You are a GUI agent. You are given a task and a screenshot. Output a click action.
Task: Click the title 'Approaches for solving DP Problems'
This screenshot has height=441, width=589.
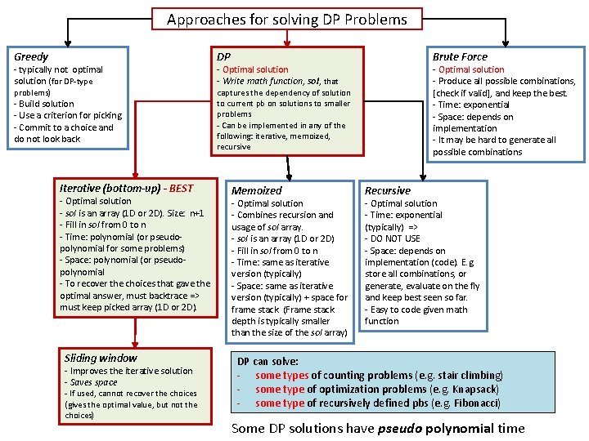pos(286,19)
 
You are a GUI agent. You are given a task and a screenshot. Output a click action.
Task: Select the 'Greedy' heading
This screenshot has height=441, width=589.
pos(31,57)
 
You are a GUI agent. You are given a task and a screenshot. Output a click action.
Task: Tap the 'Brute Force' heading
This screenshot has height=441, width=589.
pos(460,57)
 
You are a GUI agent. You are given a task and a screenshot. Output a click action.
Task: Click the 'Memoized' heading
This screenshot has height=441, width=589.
pos(257,190)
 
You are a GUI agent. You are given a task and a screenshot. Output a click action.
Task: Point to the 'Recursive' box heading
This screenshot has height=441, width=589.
pos(388,190)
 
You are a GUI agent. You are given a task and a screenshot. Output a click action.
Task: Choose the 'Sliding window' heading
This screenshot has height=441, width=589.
pos(101,358)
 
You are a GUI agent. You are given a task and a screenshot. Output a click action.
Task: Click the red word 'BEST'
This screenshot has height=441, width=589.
pos(181,188)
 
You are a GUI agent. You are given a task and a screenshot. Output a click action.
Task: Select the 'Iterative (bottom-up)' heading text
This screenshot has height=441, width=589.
pos(110,188)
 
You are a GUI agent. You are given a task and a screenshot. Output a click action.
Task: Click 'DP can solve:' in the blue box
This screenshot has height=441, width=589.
pos(268,361)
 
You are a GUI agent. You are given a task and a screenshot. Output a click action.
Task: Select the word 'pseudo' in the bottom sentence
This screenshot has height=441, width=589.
pos(401,428)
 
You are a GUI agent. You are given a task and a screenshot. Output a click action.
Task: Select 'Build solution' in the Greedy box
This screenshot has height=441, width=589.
pos(47,104)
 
